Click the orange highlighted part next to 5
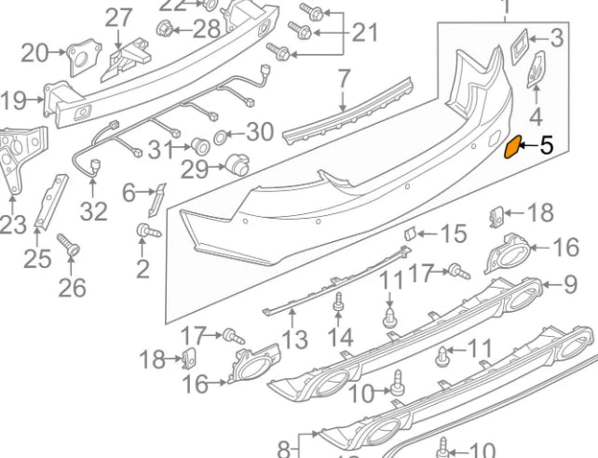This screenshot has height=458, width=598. (x=512, y=147)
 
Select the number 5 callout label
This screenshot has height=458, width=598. (x=546, y=145)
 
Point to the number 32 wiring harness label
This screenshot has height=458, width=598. (x=92, y=211)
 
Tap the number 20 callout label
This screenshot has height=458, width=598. (x=34, y=53)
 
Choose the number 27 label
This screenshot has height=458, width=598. (x=118, y=17)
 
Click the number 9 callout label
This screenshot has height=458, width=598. (x=571, y=283)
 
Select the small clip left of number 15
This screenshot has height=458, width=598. (x=408, y=232)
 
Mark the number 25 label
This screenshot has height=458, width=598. (x=36, y=258)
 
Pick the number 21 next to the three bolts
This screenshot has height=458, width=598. (x=364, y=34)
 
